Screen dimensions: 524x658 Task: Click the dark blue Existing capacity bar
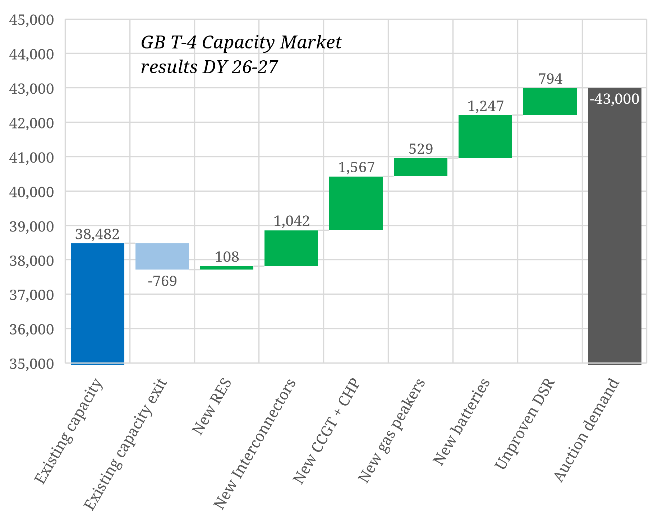coord(97,303)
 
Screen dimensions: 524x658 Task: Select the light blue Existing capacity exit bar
coord(162,256)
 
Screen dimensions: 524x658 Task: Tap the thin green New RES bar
coord(227,268)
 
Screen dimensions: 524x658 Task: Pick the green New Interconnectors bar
coord(291,248)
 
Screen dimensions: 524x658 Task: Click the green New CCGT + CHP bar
coord(356,203)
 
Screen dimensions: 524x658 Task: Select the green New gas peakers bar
coord(420,167)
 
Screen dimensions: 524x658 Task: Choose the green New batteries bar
coord(485,136)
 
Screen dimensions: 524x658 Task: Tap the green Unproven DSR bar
coord(550,101)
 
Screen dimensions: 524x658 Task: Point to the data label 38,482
coord(97,234)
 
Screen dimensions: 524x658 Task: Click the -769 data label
coord(162,281)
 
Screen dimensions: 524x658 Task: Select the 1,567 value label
coord(356,168)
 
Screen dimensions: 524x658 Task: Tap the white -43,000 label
coord(615,99)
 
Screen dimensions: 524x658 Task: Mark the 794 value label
coord(550,79)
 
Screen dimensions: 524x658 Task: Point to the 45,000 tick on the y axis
coord(32,20)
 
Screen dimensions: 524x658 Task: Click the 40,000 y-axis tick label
coord(32,192)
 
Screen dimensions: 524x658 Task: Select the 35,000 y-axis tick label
coord(32,364)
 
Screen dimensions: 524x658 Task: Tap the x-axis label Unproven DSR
coord(525,424)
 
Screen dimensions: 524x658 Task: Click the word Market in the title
coord(310,42)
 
